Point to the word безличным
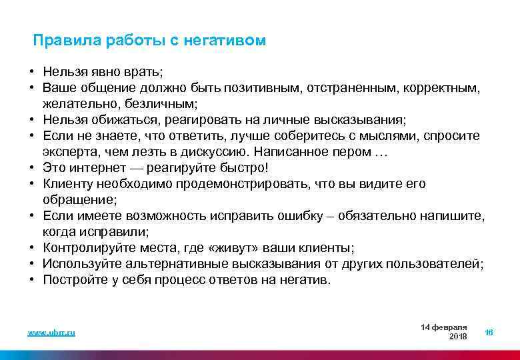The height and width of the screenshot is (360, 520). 164,103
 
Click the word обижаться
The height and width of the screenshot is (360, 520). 135,119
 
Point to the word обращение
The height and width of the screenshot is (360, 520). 77,199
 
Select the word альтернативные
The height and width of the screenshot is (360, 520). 172,263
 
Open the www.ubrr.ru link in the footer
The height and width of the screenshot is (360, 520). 51,333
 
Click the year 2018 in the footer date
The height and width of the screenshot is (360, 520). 458,337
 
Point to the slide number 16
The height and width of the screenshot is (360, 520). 489,332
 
